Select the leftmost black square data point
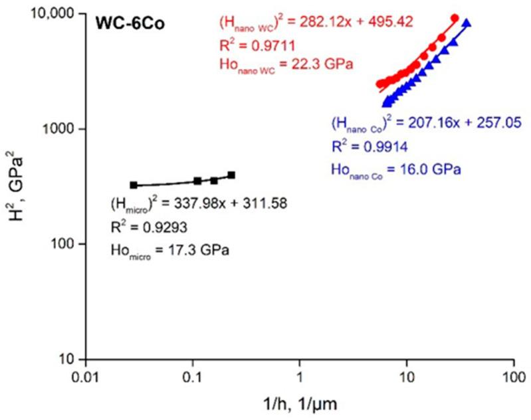(134, 185)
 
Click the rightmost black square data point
(231, 175)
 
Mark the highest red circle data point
(455, 18)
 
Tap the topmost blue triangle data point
(467, 23)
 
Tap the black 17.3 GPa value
(197, 251)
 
